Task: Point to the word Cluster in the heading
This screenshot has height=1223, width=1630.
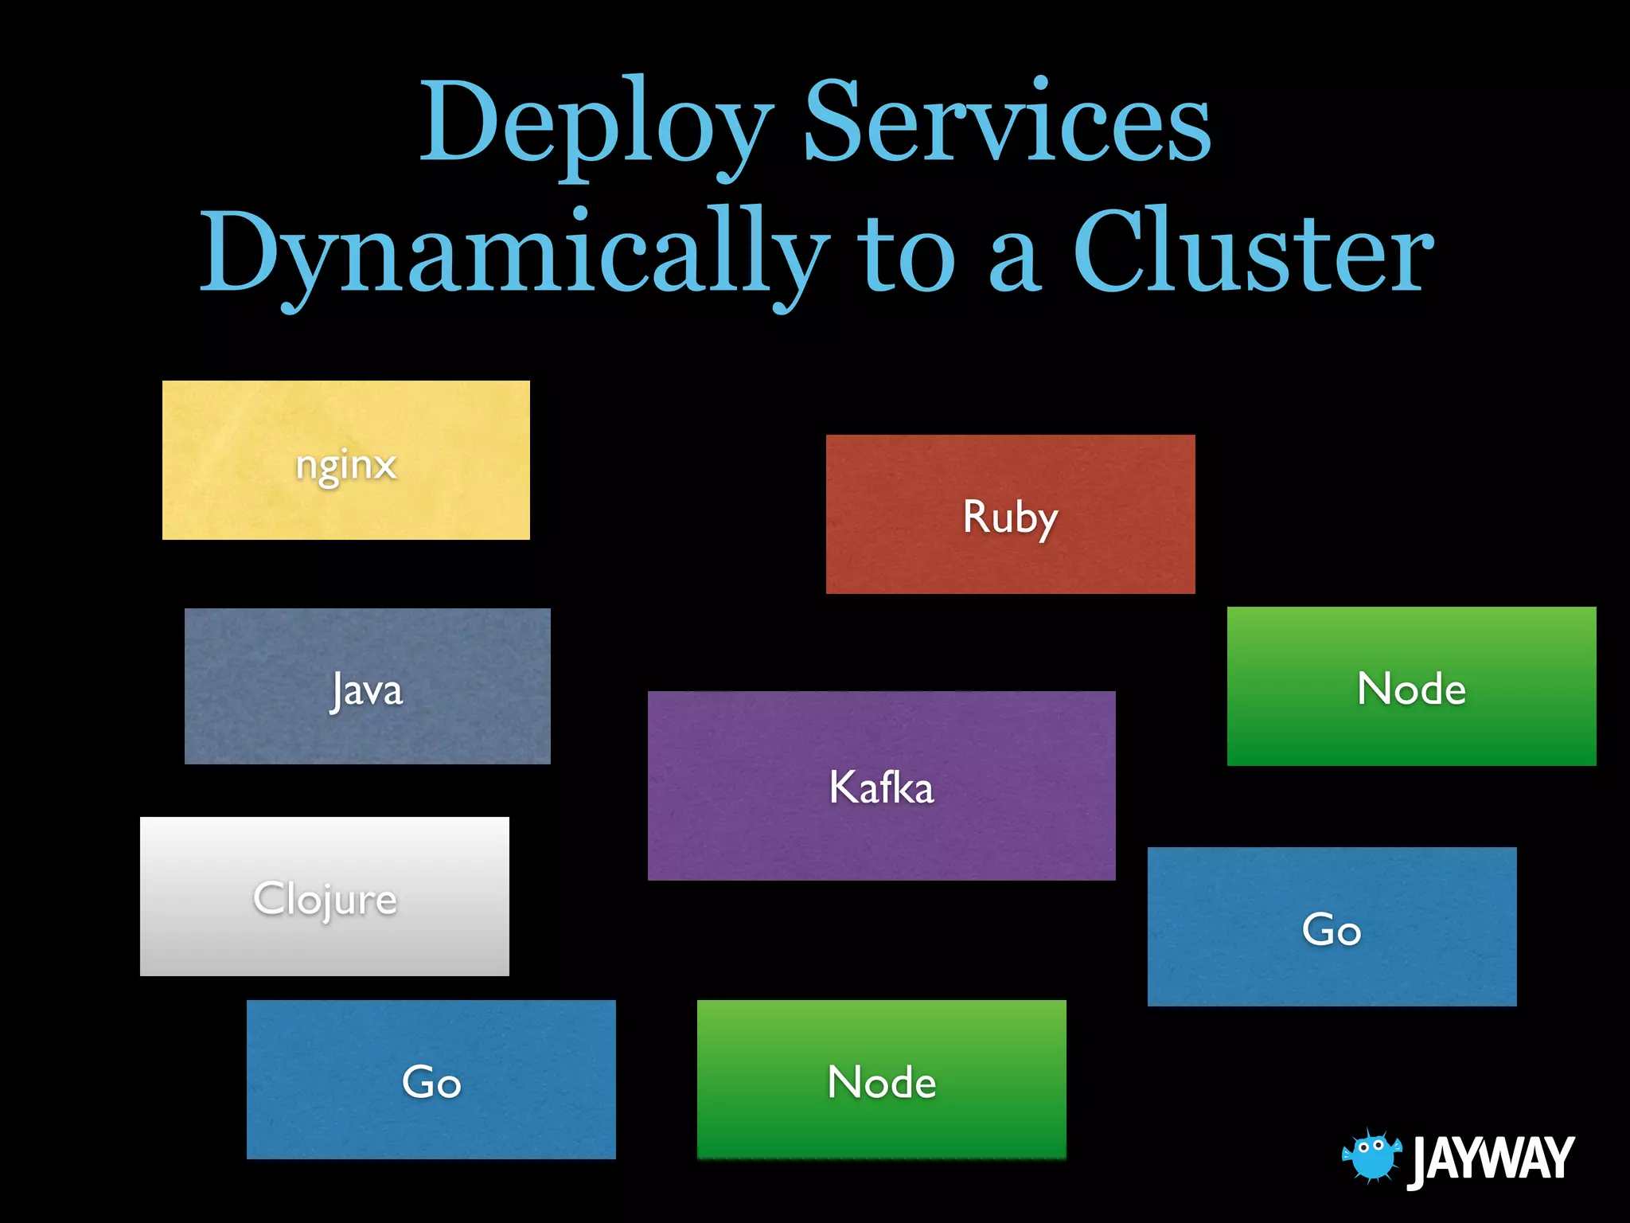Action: (1253, 253)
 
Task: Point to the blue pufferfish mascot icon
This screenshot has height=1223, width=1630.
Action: (1371, 1155)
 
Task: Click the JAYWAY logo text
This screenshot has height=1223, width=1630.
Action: (1492, 1159)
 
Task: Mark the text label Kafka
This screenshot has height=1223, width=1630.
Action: (881, 787)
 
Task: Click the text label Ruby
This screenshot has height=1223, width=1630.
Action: (1010, 517)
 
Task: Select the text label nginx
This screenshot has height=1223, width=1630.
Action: (345, 465)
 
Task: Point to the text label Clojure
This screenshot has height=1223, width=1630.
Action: (325, 899)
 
